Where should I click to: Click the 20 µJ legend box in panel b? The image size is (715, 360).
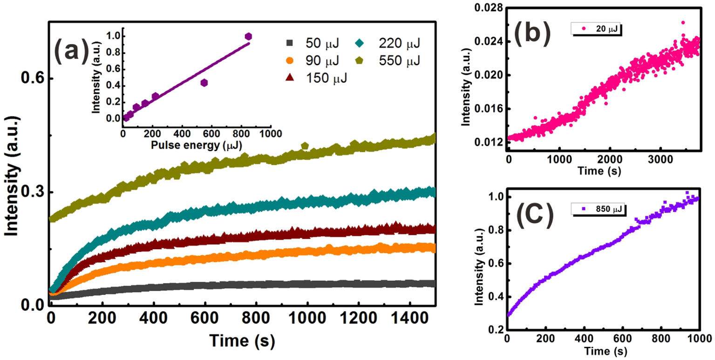tap(597, 29)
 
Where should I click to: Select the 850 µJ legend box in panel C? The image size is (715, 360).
tap(599, 210)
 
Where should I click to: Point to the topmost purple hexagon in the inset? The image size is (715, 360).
tap(248, 36)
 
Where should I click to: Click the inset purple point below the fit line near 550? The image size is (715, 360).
tap(204, 82)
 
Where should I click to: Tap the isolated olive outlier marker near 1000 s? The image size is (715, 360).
tap(305, 146)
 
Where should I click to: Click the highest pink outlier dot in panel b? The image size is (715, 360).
tap(683, 22)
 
